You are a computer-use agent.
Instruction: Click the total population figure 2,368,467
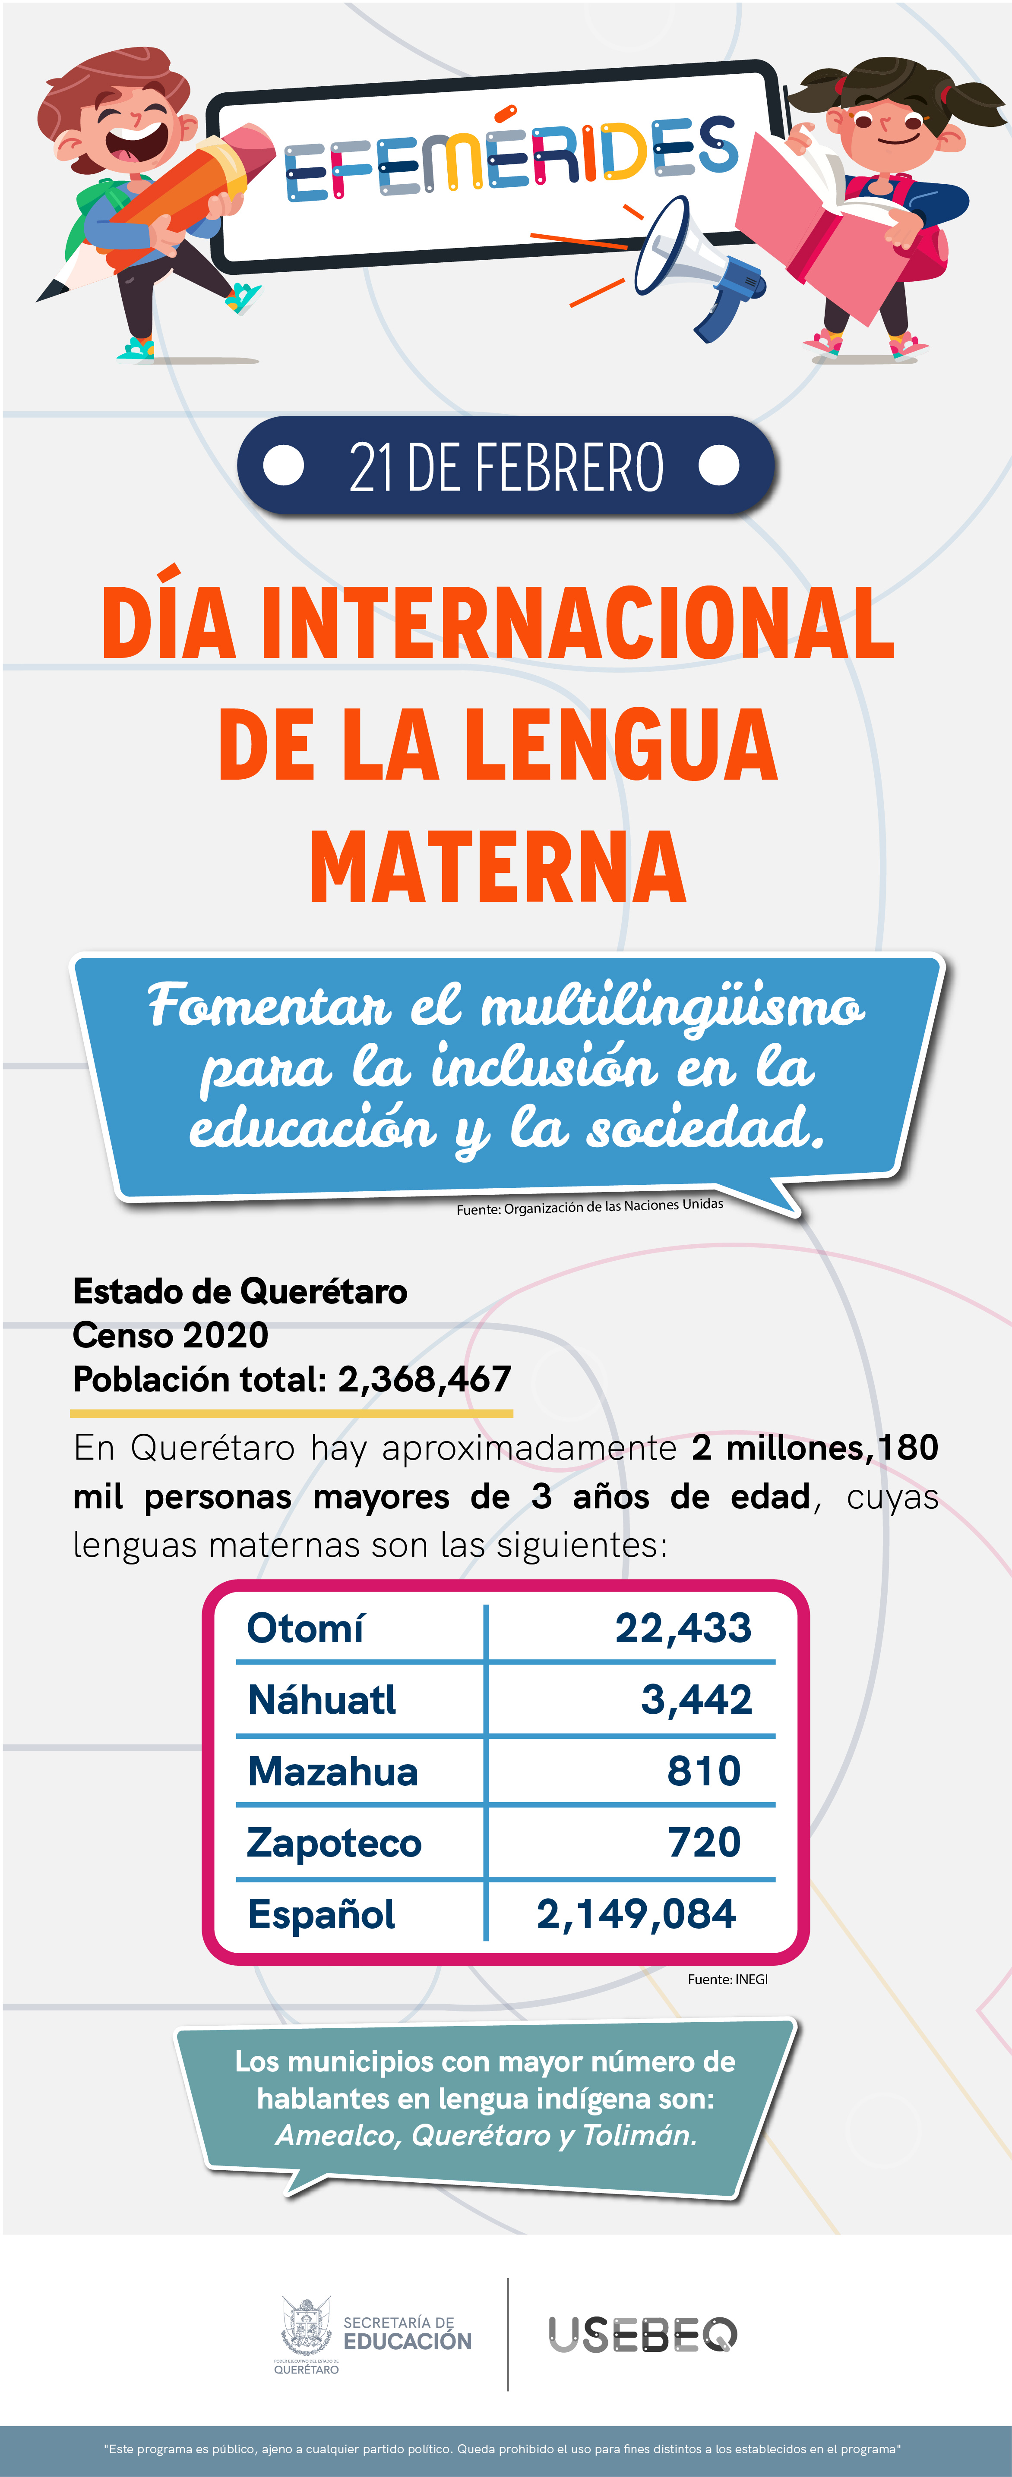(x=424, y=1379)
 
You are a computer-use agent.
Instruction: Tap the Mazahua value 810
(x=704, y=1771)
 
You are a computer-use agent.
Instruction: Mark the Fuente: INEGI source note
(x=727, y=1979)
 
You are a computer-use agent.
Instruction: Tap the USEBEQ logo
(x=642, y=2335)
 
